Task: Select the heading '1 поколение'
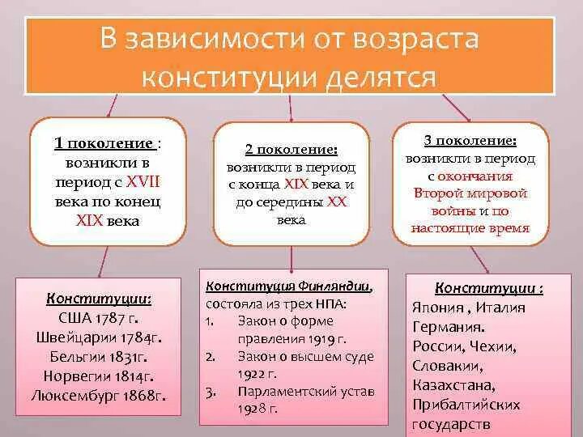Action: (x=104, y=143)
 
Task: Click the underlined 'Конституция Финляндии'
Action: (x=288, y=286)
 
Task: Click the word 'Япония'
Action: (x=437, y=308)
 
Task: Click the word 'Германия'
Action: (x=449, y=327)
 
